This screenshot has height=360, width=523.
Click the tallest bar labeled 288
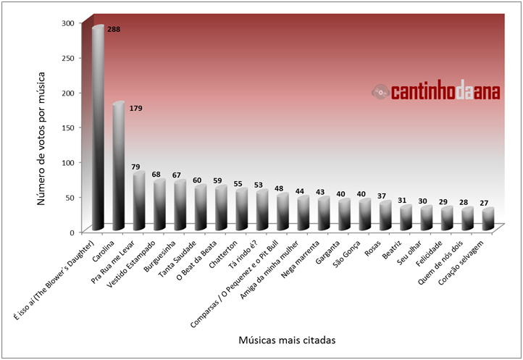tap(98, 130)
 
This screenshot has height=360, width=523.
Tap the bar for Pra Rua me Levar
tap(139, 201)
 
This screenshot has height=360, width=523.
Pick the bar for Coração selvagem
tap(489, 219)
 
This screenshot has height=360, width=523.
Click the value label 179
tap(135, 109)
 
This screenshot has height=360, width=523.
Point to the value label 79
tap(135, 167)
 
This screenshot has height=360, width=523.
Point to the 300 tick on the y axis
tap(67, 23)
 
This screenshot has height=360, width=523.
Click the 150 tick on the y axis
tap(67, 127)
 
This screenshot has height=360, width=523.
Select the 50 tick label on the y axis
tap(70, 197)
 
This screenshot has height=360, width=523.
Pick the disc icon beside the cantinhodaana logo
tap(380, 92)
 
